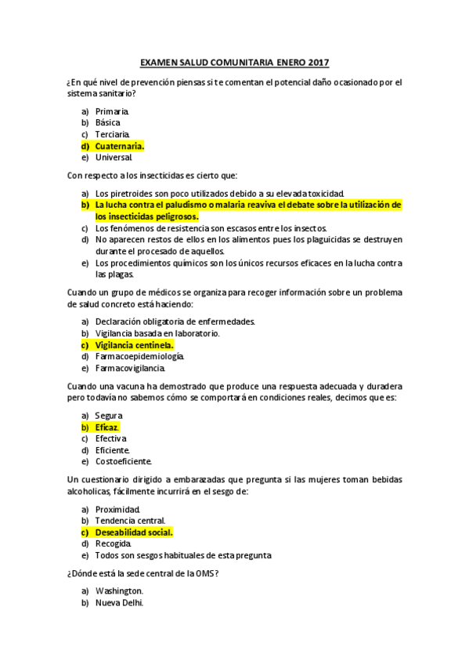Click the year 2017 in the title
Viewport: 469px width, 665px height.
pyautogui.click(x=319, y=62)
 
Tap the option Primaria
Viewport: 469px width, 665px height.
pyautogui.click(x=112, y=112)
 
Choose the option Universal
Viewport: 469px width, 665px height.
pyautogui.click(x=114, y=157)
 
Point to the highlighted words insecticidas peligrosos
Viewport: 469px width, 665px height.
pyautogui.click(x=146, y=216)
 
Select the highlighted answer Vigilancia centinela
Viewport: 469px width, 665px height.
pyautogui.click(x=134, y=344)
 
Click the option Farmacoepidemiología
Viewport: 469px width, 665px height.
pyautogui.click(x=139, y=356)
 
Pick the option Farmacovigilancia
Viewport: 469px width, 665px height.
pyautogui.click(x=130, y=368)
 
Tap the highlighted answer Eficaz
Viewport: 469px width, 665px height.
pyautogui.click(x=106, y=427)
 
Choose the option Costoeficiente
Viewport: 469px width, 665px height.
pyautogui.click(x=123, y=461)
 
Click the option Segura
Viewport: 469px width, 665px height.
pyautogui.click(x=109, y=415)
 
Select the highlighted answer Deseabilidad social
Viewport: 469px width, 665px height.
pyautogui.click(x=133, y=532)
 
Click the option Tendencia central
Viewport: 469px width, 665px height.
pyautogui.click(x=130, y=520)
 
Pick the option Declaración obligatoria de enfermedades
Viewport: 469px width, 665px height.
pyautogui.click(x=175, y=322)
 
